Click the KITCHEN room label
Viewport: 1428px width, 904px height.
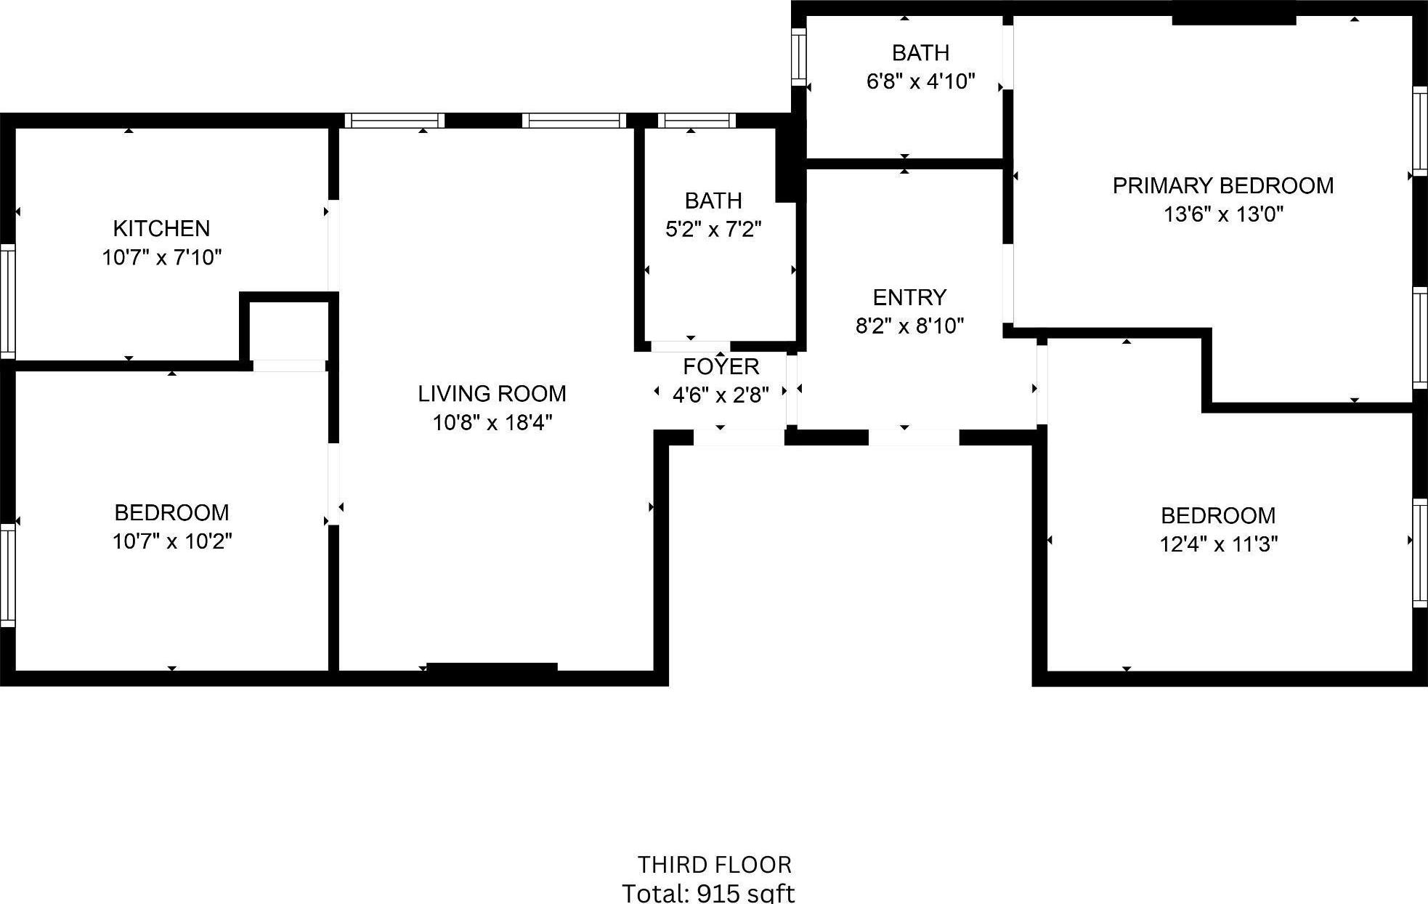(161, 228)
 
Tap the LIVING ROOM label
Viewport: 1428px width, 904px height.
(492, 394)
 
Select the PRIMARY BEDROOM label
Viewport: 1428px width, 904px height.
(1222, 186)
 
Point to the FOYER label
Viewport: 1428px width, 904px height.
(721, 366)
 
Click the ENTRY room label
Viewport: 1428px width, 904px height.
(909, 297)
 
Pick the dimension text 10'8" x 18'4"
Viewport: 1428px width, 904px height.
(492, 422)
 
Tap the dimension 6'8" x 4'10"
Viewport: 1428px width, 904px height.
(920, 81)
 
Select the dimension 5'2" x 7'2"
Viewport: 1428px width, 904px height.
(713, 230)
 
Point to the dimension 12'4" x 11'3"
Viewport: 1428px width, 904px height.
(1218, 544)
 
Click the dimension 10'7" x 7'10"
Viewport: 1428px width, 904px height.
(161, 257)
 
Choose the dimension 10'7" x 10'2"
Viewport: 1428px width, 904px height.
(172, 541)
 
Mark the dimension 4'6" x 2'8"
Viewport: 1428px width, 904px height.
(720, 395)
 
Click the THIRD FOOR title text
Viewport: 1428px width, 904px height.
(714, 865)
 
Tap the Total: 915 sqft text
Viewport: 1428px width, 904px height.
(708, 892)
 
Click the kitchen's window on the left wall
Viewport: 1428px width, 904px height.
(7, 302)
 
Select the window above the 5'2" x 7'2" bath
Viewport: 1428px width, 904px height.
(696, 121)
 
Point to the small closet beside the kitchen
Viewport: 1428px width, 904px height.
(288, 331)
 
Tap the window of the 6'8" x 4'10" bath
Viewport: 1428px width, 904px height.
(798, 57)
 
